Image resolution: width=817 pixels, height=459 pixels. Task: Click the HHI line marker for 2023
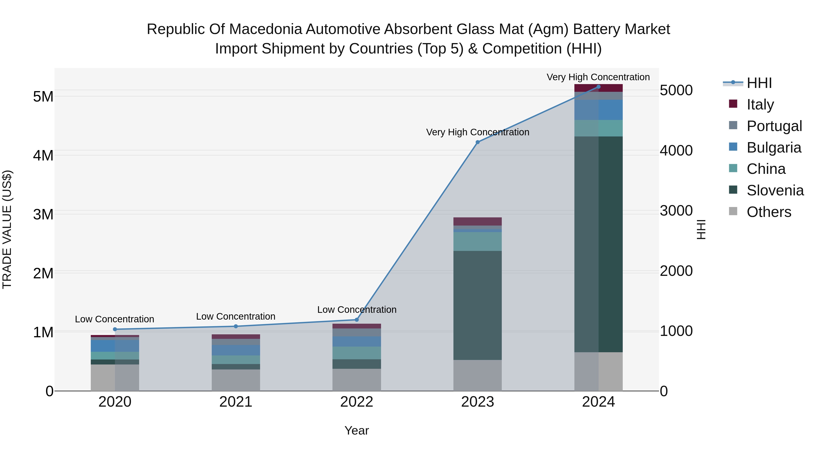click(x=478, y=142)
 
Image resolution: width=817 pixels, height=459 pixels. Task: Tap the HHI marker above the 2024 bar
click(x=598, y=87)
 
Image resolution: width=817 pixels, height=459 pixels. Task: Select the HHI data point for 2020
click(x=115, y=329)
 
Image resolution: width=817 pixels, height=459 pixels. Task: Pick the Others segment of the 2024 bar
click(x=598, y=371)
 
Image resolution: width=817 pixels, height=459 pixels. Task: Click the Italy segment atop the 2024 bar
click(x=598, y=88)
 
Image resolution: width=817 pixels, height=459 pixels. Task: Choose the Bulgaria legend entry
click(x=774, y=148)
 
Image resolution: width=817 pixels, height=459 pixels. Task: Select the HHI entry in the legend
click(x=759, y=83)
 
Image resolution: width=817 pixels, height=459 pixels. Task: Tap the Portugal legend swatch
click(x=733, y=125)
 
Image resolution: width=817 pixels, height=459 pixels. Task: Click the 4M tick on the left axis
click(x=43, y=155)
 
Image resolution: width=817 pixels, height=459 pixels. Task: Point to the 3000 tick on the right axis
click(x=676, y=211)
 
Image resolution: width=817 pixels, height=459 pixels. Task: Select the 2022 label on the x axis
click(x=357, y=402)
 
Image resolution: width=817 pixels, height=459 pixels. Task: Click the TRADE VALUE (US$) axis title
click(x=7, y=229)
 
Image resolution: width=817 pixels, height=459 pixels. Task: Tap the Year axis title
click(x=357, y=430)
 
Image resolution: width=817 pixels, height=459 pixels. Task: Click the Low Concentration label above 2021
click(x=236, y=316)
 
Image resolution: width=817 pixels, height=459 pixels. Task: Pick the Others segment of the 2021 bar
click(x=236, y=380)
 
